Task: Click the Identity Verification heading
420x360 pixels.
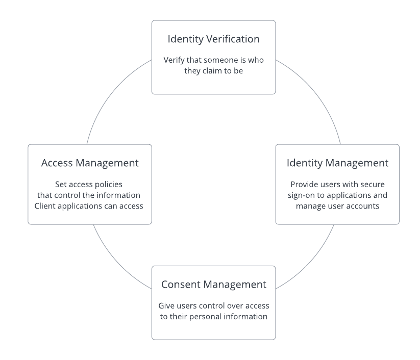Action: tap(213, 39)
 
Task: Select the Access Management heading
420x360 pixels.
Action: tap(90, 163)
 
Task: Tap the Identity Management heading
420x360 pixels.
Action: tap(337, 163)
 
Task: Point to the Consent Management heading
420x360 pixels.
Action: tap(213, 284)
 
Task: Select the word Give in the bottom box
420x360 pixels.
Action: tap(166, 305)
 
